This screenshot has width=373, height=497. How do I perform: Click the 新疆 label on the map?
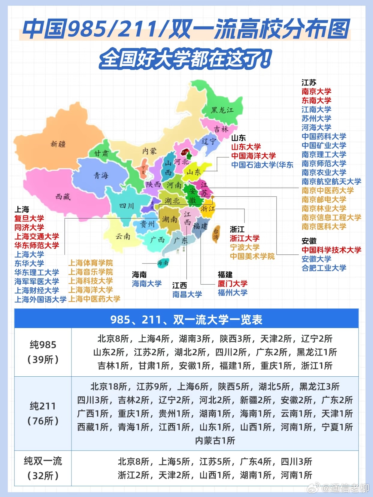[x=58, y=144]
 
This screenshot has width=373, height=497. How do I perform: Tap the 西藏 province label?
[x=63, y=197]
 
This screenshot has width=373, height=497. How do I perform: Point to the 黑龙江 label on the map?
[x=222, y=110]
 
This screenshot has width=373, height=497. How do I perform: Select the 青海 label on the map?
[x=101, y=175]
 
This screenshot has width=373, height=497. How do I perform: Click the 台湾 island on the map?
[x=216, y=234]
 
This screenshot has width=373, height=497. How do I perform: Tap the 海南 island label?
[x=163, y=263]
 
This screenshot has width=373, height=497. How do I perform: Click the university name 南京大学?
[x=316, y=92]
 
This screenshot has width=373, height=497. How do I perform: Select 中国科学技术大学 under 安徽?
[x=331, y=250]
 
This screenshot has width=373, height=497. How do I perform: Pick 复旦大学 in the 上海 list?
[x=29, y=218]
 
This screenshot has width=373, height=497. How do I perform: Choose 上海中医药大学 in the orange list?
[x=94, y=299]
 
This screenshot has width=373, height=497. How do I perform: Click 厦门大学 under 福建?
[x=232, y=284]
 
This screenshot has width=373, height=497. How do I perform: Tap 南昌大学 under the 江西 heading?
[x=187, y=294]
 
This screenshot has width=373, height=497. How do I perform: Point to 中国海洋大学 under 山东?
[x=253, y=156]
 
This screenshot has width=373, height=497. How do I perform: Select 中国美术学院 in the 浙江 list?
[x=252, y=256]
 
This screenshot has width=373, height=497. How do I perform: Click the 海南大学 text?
[x=147, y=284]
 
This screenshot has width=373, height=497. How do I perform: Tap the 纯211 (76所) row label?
[x=43, y=413]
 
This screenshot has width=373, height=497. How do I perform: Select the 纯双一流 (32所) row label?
[x=43, y=468]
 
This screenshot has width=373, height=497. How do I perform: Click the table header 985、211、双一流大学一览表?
[x=186, y=320]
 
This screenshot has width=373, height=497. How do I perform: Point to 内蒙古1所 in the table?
[x=215, y=441]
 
